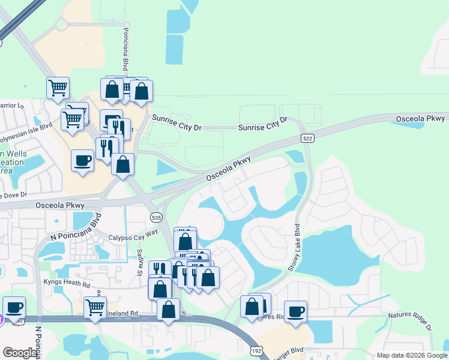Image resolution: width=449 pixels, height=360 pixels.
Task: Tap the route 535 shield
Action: point(156,217)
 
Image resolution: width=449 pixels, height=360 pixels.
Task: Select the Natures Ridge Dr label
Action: point(409,320)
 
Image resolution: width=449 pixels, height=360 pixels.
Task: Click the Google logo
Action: point(20,353)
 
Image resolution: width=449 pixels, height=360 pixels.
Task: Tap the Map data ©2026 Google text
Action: point(412,355)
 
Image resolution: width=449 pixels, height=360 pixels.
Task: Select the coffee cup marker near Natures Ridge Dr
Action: point(295,312)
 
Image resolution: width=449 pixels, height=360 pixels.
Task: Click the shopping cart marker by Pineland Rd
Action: point(95,307)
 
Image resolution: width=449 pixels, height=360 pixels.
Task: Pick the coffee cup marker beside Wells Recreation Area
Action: point(82,160)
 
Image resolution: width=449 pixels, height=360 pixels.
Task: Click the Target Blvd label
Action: point(288,350)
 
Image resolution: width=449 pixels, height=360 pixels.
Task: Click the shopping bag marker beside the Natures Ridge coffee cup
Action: point(252,306)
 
